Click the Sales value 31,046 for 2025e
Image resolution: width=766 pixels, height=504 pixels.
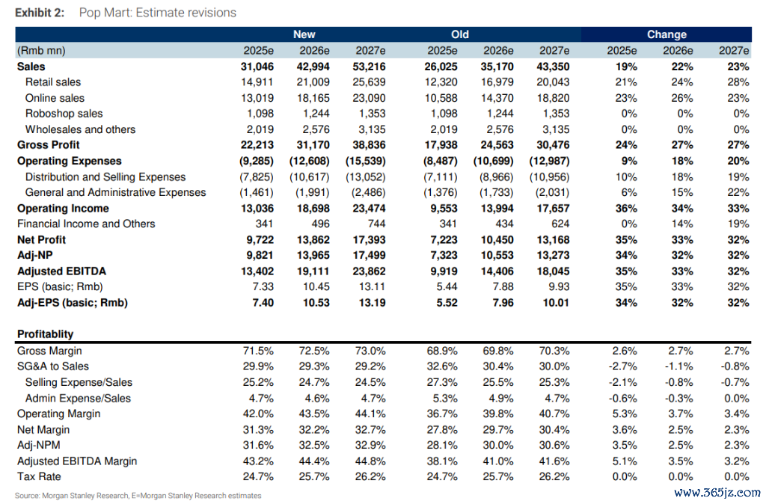[257, 67]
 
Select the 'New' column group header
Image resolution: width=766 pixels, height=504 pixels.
[304, 34]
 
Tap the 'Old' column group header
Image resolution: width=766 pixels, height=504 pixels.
[460, 34]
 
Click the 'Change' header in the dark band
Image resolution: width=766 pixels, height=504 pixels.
[667, 34]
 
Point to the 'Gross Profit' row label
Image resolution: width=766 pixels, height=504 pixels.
[48, 145]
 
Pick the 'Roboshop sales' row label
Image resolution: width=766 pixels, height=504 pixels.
[64, 114]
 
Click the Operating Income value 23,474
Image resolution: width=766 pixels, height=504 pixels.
[369, 209]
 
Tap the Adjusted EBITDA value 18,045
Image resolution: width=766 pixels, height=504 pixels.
[553, 271]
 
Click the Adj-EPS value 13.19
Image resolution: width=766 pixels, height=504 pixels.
[372, 303]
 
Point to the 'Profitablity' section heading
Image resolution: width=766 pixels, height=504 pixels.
[45, 334]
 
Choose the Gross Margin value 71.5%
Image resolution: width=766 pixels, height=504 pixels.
[258, 351]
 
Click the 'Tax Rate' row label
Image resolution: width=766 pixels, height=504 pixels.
[39, 476]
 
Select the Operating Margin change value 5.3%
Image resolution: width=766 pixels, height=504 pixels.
[625, 414]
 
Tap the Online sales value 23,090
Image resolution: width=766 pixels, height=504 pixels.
[369, 98]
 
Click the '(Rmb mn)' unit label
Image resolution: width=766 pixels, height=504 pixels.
[41, 51]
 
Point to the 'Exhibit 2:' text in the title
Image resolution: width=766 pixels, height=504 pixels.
[40, 13]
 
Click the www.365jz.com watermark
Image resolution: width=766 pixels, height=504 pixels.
[717, 493]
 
